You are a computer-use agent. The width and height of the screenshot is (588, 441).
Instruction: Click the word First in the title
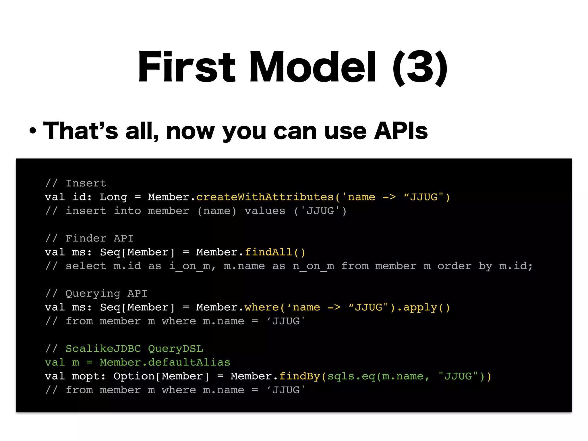click(187, 67)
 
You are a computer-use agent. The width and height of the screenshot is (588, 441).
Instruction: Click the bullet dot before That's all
click(33, 131)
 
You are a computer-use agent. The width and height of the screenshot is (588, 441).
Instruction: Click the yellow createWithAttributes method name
click(265, 197)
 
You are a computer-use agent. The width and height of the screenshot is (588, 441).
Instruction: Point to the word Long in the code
click(113, 197)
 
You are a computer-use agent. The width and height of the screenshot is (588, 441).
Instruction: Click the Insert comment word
click(86, 183)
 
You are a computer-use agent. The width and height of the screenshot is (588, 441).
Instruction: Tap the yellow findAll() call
click(275, 252)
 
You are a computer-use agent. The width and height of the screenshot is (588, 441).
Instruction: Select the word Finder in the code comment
click(86, 238)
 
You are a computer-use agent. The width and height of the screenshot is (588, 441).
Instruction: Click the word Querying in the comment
click(93, 293)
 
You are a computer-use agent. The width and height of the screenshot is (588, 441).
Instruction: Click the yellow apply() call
click(426, 307)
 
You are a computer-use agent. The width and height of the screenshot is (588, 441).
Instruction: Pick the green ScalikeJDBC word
click(103, 349)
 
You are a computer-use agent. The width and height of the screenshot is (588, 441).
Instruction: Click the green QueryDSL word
click(175, 349)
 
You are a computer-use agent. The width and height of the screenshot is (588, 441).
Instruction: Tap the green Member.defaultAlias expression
click(165, 362)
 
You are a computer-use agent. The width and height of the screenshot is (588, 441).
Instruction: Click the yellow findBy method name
click(300, 376)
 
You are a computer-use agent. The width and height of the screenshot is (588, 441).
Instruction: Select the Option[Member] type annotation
click(161, 376)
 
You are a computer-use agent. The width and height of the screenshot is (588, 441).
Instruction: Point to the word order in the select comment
click(454, 266)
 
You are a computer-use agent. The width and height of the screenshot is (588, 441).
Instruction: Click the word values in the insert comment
click(265, 211)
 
